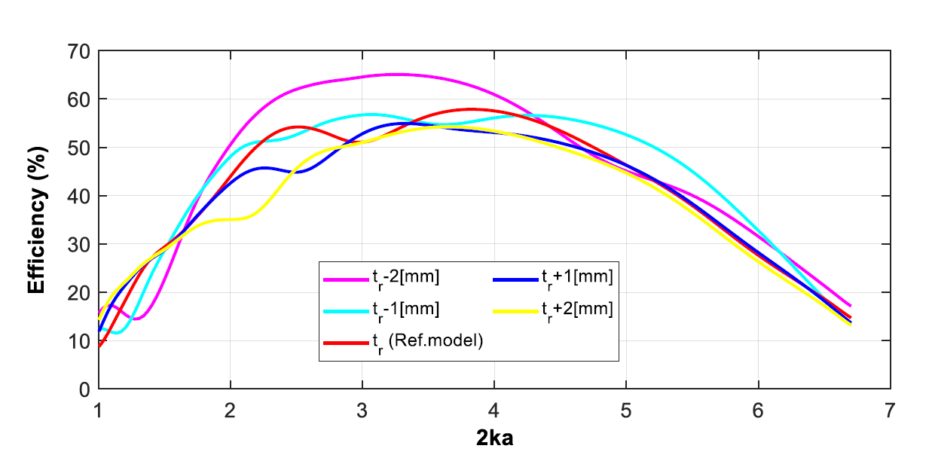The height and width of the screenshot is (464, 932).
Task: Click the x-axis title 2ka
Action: [x=494, y=438]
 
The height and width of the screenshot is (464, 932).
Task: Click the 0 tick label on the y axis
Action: [x=84, y=389]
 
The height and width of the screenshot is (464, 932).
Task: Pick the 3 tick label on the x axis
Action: [x=362, y=411]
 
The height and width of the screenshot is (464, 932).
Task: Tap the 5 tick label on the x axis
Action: [x=626, y=411]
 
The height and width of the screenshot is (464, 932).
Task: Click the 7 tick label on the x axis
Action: [x=890, y=411]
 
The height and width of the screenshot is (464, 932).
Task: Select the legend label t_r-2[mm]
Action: [x=405, y=278]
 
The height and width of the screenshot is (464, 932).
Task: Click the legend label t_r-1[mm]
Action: [x=405, y=309]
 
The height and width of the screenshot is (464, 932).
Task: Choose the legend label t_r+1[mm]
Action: [x=576, y=278]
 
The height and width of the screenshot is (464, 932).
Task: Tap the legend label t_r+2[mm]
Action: [x=576, y=309]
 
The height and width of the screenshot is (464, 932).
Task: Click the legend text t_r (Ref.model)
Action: [x=426, y=340]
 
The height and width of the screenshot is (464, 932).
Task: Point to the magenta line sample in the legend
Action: [x=344, y=279]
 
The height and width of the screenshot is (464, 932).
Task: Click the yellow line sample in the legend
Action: [x=515, y=310]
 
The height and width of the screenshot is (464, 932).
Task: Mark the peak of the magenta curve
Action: [x=397, y=74]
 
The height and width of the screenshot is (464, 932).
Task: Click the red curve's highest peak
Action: [x=471, y=109]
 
